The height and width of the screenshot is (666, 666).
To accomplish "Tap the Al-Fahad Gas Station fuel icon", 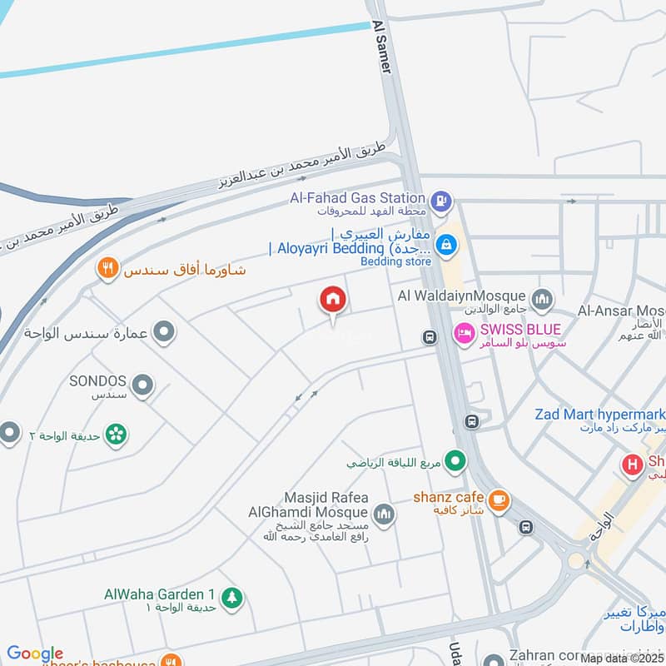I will (441, 200).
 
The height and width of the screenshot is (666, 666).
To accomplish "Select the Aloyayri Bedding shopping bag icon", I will (447, 245).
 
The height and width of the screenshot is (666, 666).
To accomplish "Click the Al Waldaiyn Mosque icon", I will (542, 297).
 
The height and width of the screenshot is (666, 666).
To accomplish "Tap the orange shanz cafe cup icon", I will (499, 499).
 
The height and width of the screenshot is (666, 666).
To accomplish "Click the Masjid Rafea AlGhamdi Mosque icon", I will (383, 514).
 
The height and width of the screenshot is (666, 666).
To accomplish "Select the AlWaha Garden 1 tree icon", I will (232, 596).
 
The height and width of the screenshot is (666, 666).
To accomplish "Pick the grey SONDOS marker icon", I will (143, 385).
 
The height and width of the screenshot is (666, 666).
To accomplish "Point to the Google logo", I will (35, 654).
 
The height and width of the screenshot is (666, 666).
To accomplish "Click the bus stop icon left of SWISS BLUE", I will (430, 337).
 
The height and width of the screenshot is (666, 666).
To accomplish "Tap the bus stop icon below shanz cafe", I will (526, 527).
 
